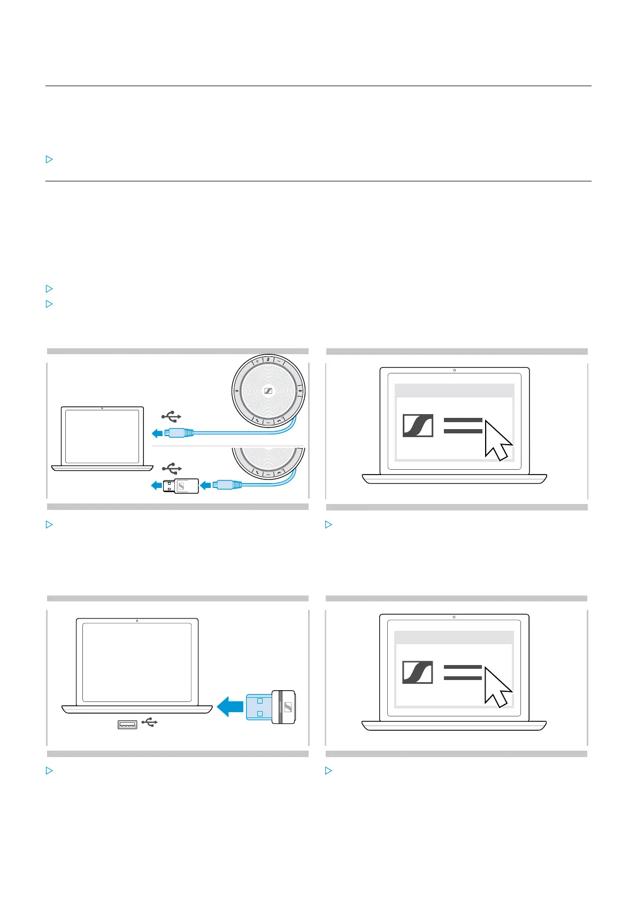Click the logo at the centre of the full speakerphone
268,391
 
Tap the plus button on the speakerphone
258,361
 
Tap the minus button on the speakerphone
279,361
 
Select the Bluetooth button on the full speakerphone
301,391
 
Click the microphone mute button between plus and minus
268,359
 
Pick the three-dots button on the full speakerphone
268,423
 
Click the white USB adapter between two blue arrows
181,486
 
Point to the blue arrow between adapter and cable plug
205,486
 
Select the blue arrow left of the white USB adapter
156,486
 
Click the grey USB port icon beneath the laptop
127,724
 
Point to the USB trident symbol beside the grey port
150,723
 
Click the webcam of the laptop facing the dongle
137,621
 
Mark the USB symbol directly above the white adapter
172,469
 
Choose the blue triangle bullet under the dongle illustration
49,771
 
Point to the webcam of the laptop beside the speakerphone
102,408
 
